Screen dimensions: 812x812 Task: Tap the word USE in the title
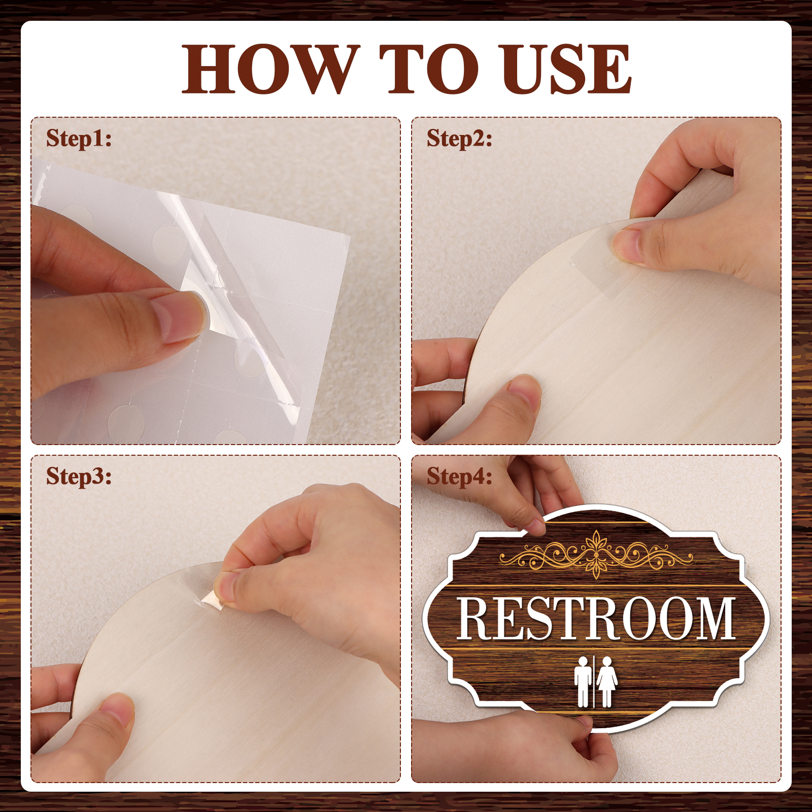[x=564, y=69]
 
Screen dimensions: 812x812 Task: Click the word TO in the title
[x=429, y=69]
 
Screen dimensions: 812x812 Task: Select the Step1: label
[x=79, y=139]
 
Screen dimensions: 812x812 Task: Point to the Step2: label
[x=459, y=139]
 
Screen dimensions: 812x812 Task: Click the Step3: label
[x=79, y=477]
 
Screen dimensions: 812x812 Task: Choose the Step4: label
[x=459, y=477]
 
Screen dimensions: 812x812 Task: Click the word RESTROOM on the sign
[x=596, y=619]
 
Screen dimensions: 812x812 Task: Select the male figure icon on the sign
[x=583, y=682]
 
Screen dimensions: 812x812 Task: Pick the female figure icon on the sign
[x=607, y=682]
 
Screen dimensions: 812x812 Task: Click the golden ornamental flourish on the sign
[x=596, y=554]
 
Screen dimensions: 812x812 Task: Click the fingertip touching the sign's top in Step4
[x=533, y=526]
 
